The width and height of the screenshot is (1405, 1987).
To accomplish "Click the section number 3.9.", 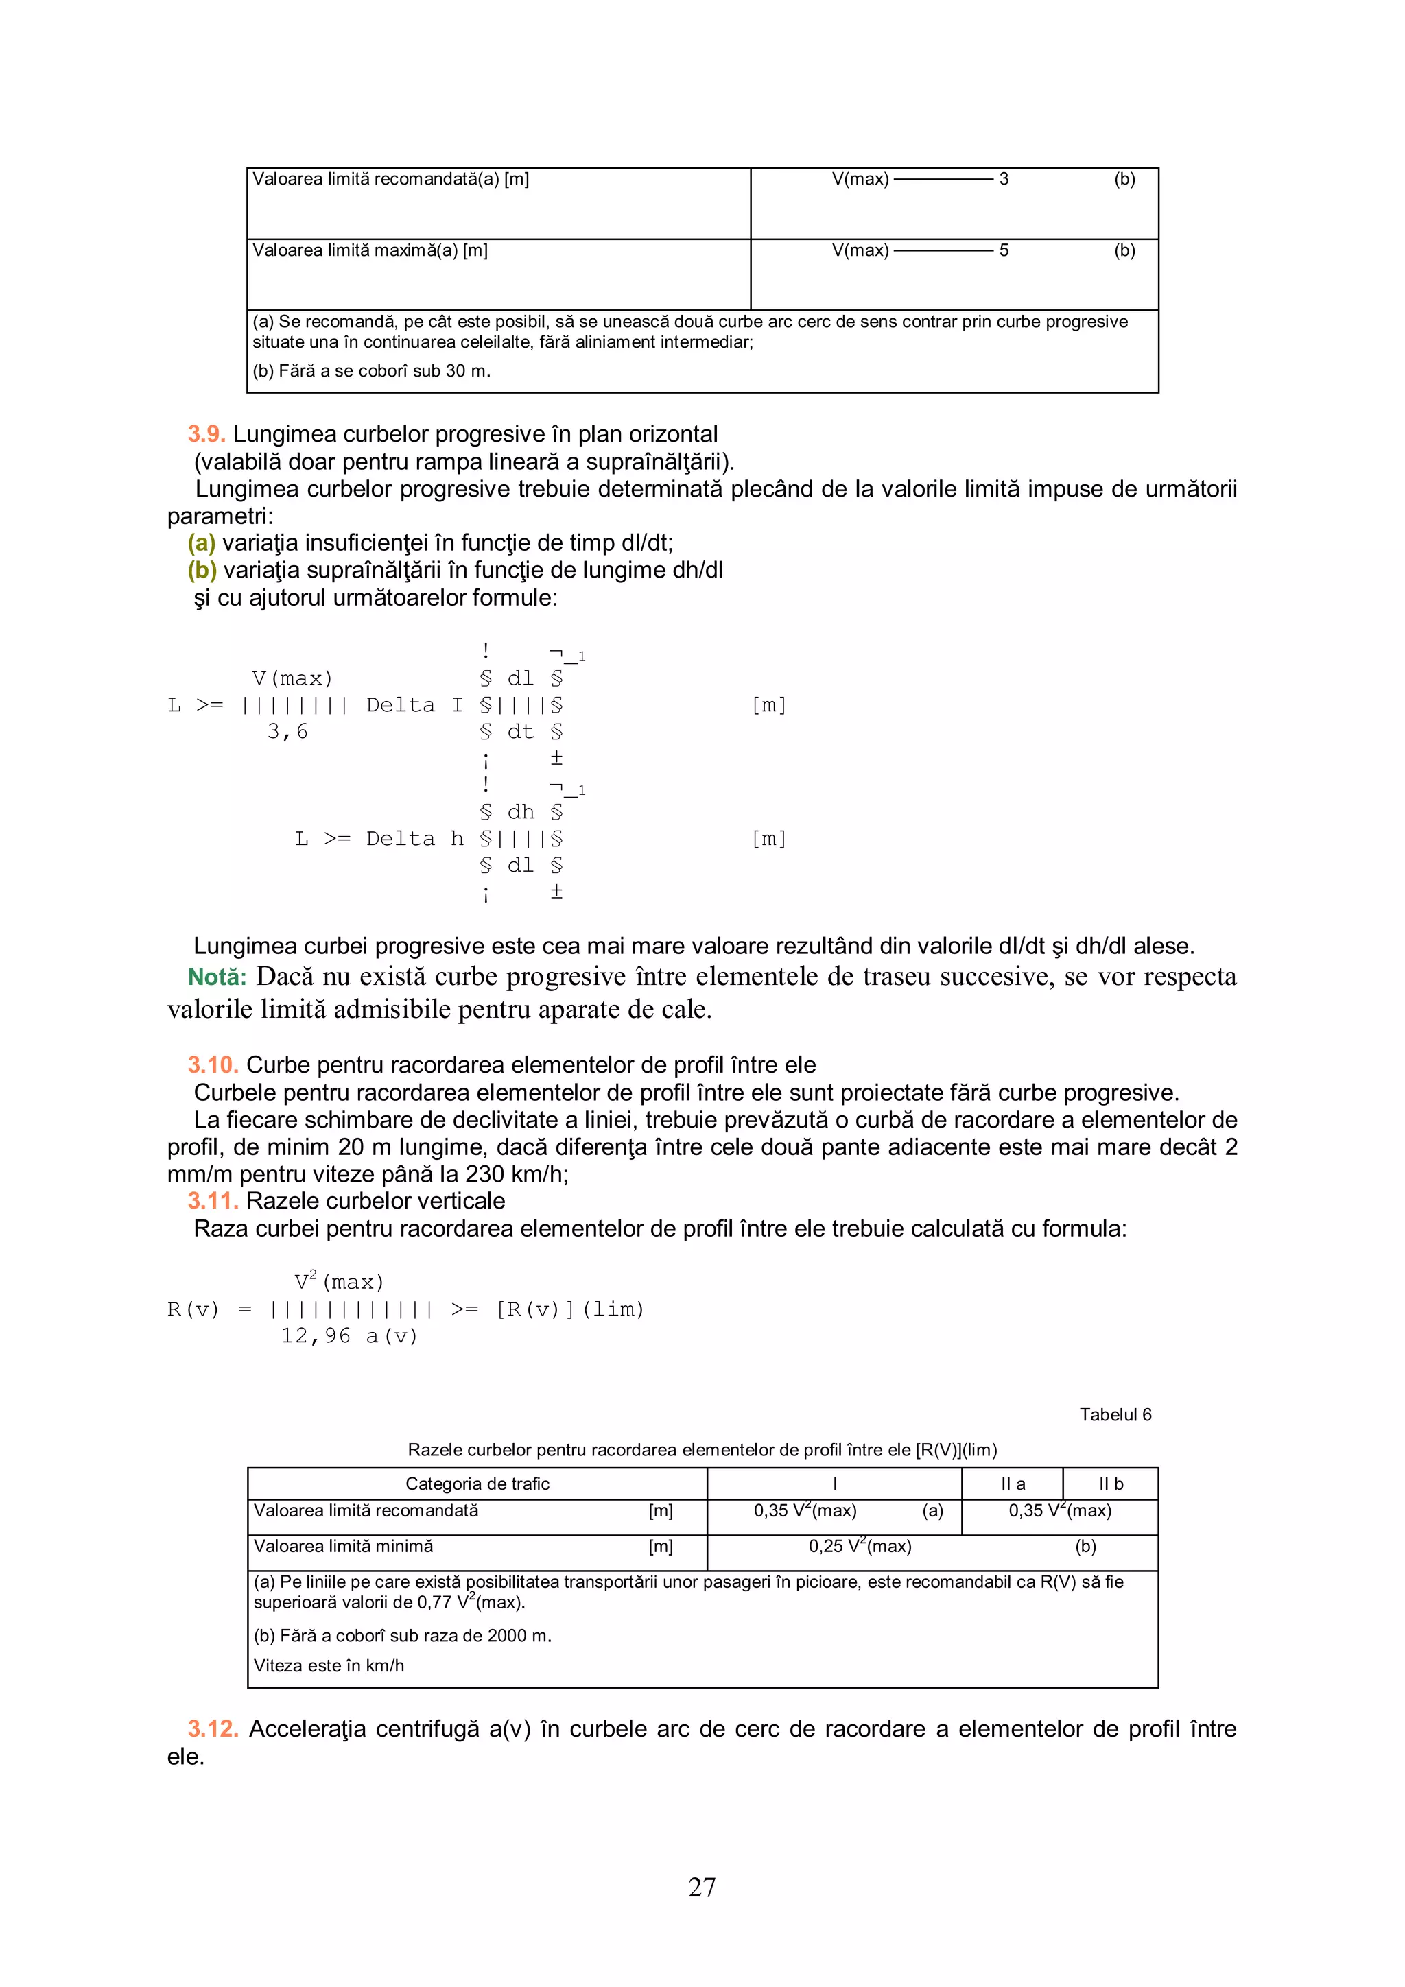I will pos(206,434).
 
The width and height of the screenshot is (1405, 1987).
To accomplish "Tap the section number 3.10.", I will pos(212,1064).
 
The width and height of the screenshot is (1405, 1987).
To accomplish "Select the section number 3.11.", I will pos(212,1200).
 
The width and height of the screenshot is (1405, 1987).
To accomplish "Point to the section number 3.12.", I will pos(213,1728).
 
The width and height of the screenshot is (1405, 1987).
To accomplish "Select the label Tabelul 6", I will pos(1114,1414).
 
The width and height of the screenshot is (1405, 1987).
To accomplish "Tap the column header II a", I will pos(1012,1484).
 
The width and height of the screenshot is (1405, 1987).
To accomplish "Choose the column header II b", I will pos(1110,1484).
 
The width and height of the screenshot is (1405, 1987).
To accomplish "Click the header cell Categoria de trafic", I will pos(477,1484).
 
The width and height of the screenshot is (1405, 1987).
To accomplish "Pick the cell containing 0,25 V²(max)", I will pos(860,1546).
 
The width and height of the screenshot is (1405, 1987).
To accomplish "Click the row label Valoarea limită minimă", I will pos(343,1546).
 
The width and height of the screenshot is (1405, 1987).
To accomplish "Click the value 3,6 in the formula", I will pos(287,732).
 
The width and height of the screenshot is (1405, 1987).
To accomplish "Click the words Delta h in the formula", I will pos(414,839).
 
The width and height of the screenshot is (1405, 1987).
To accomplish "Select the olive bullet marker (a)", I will pos(202,543).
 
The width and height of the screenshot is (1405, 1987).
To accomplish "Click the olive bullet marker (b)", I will pos(202,570).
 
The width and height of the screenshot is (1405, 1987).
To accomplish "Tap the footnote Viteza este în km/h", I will pos(329,1665).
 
